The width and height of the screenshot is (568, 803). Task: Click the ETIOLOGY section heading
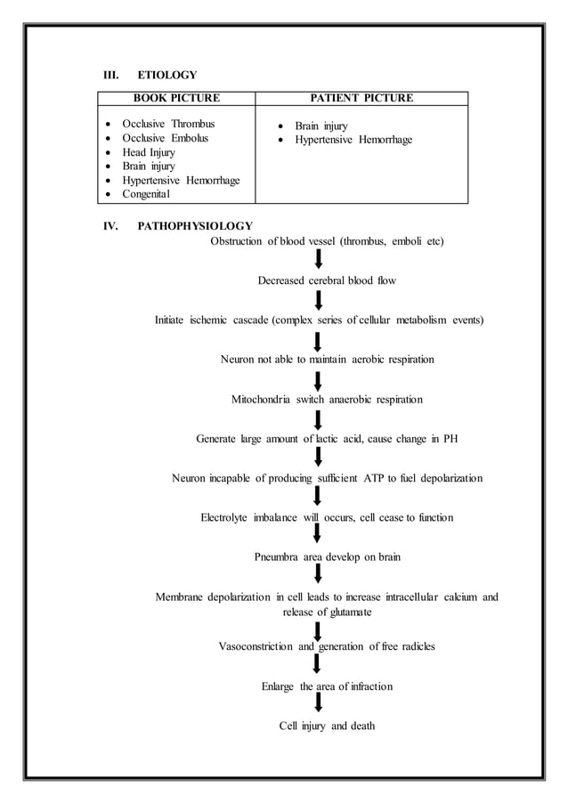pyautogui.click(x=167, y=75)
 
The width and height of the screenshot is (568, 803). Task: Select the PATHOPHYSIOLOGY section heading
pyautogui.click(x=195, y=226)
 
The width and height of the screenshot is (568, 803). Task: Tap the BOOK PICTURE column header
pyautogui.click(x=176, y=98)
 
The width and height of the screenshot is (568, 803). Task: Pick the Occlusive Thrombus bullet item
pyautogui.click(x=168, y=124)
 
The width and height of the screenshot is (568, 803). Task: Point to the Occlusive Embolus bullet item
pyautogui.click(x=166, y=138)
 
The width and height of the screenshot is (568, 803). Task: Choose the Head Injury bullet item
pyautogui.click(x=149, y=152)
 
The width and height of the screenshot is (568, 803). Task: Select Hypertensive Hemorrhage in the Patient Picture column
pyautogui.click(x=353, y=140)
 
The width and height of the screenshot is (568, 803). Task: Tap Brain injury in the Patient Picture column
pyautogui.click(x=321, y=126)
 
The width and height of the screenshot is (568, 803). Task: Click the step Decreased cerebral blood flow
pyautogui.click(x=327, y=280)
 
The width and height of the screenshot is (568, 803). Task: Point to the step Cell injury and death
pyautogui.click(x=327, y=726)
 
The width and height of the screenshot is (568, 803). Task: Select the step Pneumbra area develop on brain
pyautogui.click(x=327, y=557)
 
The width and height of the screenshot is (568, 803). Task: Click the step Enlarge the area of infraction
pyautogui.click(x=327, y=686)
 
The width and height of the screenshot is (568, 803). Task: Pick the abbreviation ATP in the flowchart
pyautogui.click(x=373, y=478)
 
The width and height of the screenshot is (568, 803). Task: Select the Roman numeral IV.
pyautogui.click(x=112, y=226)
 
